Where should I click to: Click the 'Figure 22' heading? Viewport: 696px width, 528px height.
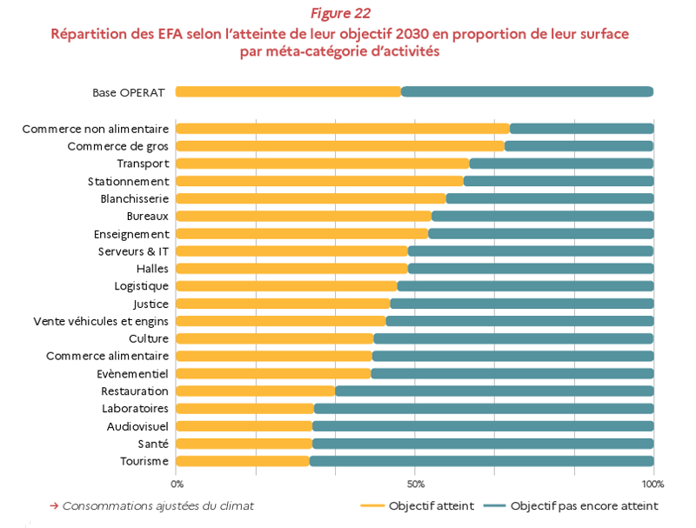click(340, 13)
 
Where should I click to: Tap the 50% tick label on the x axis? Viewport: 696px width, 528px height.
click(416, 485)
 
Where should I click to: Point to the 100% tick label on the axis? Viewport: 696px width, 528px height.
click(652, 485)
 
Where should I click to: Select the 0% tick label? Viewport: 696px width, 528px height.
click(177, 485)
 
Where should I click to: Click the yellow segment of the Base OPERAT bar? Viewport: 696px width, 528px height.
click(288, 92)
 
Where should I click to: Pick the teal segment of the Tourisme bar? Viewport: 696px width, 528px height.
click(482, 461)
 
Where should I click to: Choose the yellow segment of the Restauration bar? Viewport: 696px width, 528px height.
click(255, 391)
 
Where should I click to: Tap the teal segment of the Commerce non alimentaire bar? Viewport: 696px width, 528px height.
click(581, 129)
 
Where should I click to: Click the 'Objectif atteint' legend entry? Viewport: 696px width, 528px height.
click(418, 505)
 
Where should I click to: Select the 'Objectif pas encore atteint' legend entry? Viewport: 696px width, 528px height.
click(571, 505)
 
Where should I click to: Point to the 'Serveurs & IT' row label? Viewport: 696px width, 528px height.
click(133, 251)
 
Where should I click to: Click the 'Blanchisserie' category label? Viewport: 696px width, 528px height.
click(135, 199)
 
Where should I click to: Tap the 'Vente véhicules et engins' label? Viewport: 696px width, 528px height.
click(101, 321)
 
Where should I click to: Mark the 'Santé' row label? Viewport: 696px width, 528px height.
click(153, 444)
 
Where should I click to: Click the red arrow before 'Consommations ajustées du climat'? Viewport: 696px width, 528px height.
click(54, 505)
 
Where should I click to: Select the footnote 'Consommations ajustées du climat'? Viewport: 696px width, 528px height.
click(158, 505)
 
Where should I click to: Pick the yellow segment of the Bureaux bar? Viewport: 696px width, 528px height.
click(304, 216)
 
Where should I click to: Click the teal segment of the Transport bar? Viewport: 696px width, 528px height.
click(561, 164)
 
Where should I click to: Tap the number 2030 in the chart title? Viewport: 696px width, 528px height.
click(412, 34)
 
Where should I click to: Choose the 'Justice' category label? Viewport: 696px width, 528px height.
click(151, 304)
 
